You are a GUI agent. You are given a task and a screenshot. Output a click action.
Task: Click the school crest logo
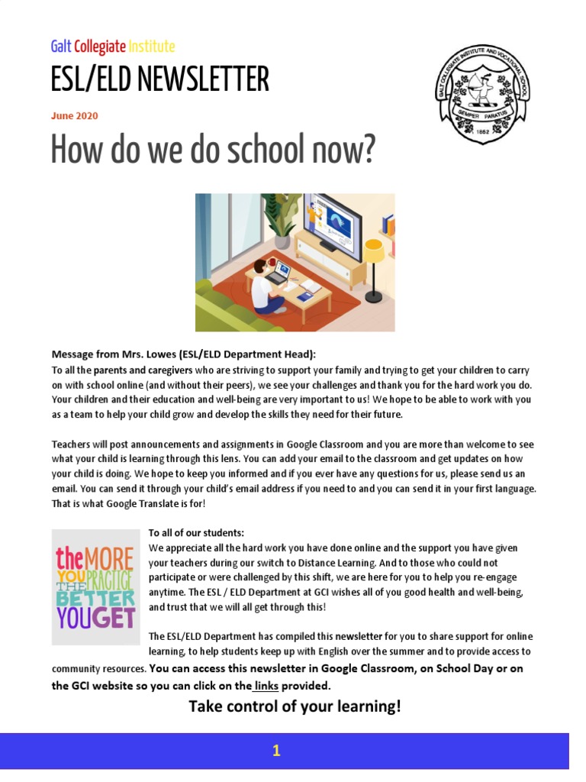pos(482,93)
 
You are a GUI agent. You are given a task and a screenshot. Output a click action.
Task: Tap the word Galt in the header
pos(61,47)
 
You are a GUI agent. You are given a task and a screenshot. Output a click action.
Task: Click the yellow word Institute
pos(152,47)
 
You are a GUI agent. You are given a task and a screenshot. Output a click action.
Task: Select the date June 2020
pos(74,116)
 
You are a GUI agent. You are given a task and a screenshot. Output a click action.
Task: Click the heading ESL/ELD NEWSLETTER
pos(159,79)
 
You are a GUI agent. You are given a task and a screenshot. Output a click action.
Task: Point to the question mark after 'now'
pos(369,150)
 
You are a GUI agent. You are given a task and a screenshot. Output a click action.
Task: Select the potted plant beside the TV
pos(280,218)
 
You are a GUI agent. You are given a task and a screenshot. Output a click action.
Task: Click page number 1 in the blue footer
pos(276,751)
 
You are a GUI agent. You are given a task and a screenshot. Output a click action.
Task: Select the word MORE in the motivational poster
pos(110,558)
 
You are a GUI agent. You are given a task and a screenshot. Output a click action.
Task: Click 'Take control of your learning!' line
pos(295,706)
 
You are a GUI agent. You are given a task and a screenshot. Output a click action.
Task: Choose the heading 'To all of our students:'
pos(196,533)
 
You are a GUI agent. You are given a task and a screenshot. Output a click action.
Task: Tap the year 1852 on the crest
pos(482,130)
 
